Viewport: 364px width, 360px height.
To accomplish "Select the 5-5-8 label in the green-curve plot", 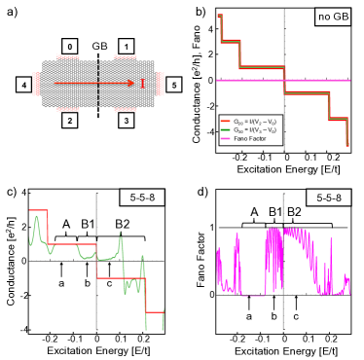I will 142,198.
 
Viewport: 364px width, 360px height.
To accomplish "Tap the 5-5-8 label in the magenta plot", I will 329,198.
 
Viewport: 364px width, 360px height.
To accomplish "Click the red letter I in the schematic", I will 142,84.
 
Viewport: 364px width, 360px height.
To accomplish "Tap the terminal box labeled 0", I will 69,48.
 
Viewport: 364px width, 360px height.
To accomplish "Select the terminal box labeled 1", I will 126,48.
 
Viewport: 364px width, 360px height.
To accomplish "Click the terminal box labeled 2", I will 69,118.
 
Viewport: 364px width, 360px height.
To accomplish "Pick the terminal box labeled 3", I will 126,118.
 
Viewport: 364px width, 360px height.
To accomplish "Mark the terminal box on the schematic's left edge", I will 25,84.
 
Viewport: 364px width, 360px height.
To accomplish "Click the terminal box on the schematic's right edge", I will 169,84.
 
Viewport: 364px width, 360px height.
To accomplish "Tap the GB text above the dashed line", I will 99,46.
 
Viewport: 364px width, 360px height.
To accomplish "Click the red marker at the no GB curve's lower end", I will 347,145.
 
